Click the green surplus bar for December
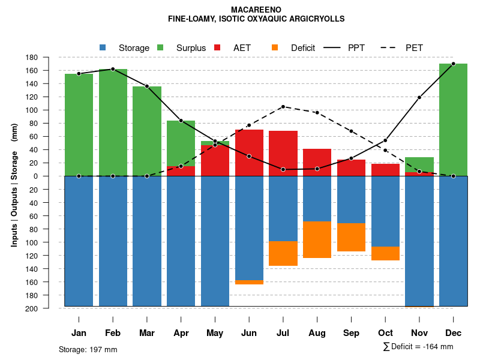(453, 119)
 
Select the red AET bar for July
(283, 153)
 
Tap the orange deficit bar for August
(317, 239)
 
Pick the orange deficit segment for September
(351, 237)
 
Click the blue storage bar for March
(147, 241)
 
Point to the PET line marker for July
(283, 107)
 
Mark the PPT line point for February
(113, 69)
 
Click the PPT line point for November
(419, 97)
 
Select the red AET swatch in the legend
(218, 47)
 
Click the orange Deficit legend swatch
(275, 47)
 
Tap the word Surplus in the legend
(191, 48)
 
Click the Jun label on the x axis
(249, 333)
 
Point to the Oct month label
(385, 333)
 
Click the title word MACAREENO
(256, 10)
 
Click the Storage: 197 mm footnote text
(88, 349)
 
